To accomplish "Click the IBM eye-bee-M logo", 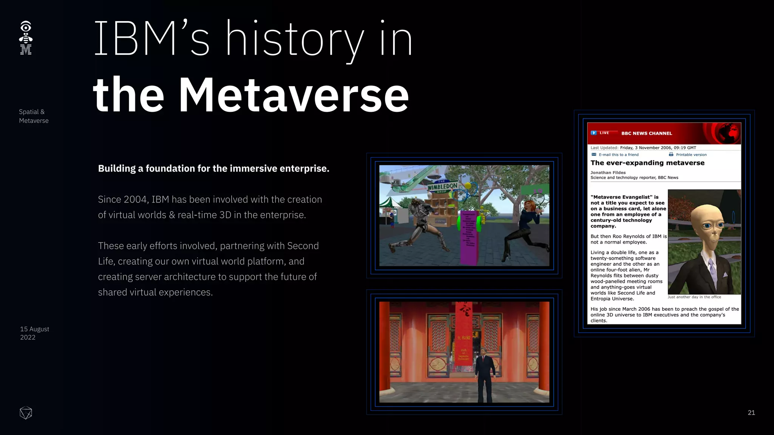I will click(x=26, y=38).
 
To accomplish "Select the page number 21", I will click(x=751, y=413).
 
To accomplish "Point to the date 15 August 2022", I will click(x=34, y=333).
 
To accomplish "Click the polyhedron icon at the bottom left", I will click(x=26, y=413).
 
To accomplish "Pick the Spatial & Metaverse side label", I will click(x=34, y=116).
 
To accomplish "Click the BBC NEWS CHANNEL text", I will click(x=647, y=133).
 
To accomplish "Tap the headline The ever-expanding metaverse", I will click(x=647, y=163).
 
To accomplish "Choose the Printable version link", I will click(x=691, y=154).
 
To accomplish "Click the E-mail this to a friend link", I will click(x=618, y=154).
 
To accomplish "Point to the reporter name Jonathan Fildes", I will click(x=608, y=173).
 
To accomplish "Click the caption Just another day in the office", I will click(x=694, y=297).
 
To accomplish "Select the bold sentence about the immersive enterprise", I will click(x=214, y=168).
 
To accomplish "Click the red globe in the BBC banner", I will click(x=728, y=133).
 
